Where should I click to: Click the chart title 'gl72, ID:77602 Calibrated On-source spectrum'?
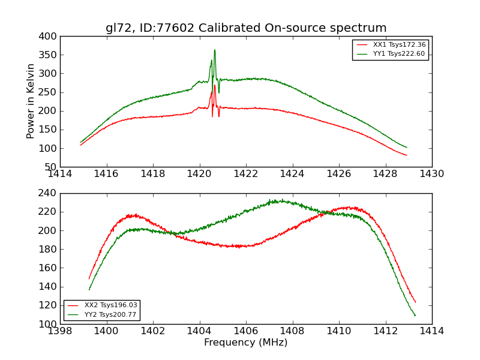pos(246,28)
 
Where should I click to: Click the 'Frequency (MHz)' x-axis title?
pos(246,343)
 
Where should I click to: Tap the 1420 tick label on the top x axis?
pos(199,173)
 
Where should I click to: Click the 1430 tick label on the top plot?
pos(432,173)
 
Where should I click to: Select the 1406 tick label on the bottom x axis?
pos(246,331)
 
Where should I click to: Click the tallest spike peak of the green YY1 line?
pos(215,50)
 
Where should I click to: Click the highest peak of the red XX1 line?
pos(215,85)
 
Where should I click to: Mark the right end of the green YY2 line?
pos(415,316)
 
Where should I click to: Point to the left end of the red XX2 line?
pos(89,279)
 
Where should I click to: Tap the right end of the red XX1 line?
pos(407,155)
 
